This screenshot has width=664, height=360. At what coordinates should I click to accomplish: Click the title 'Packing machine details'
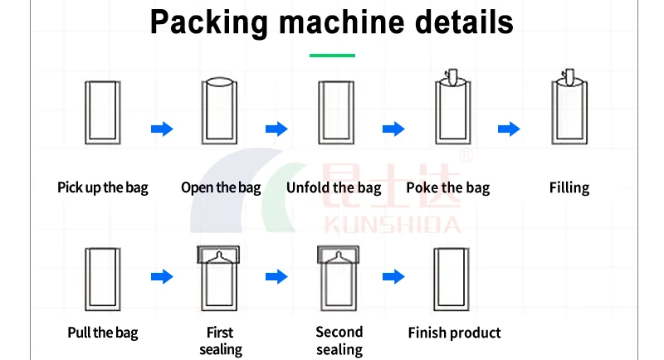(332, 22)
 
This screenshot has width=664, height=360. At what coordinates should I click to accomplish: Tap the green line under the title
(332, 56)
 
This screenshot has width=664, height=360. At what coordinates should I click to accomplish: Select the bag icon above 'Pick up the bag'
(103, 110)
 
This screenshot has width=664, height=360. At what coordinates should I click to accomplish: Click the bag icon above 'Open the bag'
(220, 109)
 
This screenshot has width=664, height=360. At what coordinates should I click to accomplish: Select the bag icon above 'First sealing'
(219, 275)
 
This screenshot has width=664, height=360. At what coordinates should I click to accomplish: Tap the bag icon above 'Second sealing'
(335, 275)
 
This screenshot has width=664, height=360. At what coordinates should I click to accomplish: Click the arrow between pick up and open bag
(162, 129)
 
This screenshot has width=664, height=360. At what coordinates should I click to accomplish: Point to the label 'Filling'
(569, 187)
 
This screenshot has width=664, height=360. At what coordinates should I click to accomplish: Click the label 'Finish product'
(454, 333)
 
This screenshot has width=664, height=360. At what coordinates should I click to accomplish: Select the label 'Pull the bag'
(103, 333)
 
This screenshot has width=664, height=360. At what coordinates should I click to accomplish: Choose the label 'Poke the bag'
(448, 187)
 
